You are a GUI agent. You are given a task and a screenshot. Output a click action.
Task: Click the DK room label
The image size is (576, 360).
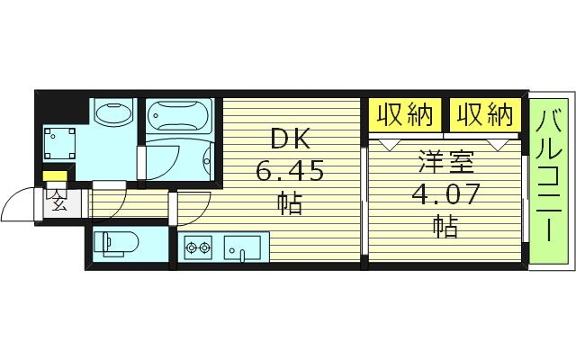pyautogui.click(x=289, y=140)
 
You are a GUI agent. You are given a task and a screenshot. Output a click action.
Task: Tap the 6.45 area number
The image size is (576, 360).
pyautogui.click(x=289, y=170)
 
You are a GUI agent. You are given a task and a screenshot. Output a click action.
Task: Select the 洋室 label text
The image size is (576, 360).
pyautogui.click(x=444, y=163)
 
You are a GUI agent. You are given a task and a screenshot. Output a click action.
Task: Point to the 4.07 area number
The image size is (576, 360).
pyautogui.click(x=444, y=193)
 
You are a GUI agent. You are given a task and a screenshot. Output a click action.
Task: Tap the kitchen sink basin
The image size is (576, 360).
pyautogui.click(x=242, y=247)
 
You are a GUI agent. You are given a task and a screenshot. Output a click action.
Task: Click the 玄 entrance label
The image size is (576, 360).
pyautogui.click(x=58, y=201)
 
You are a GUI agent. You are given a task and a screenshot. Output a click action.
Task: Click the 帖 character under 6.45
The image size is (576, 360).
pyautogui.click(x=289, y=203)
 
